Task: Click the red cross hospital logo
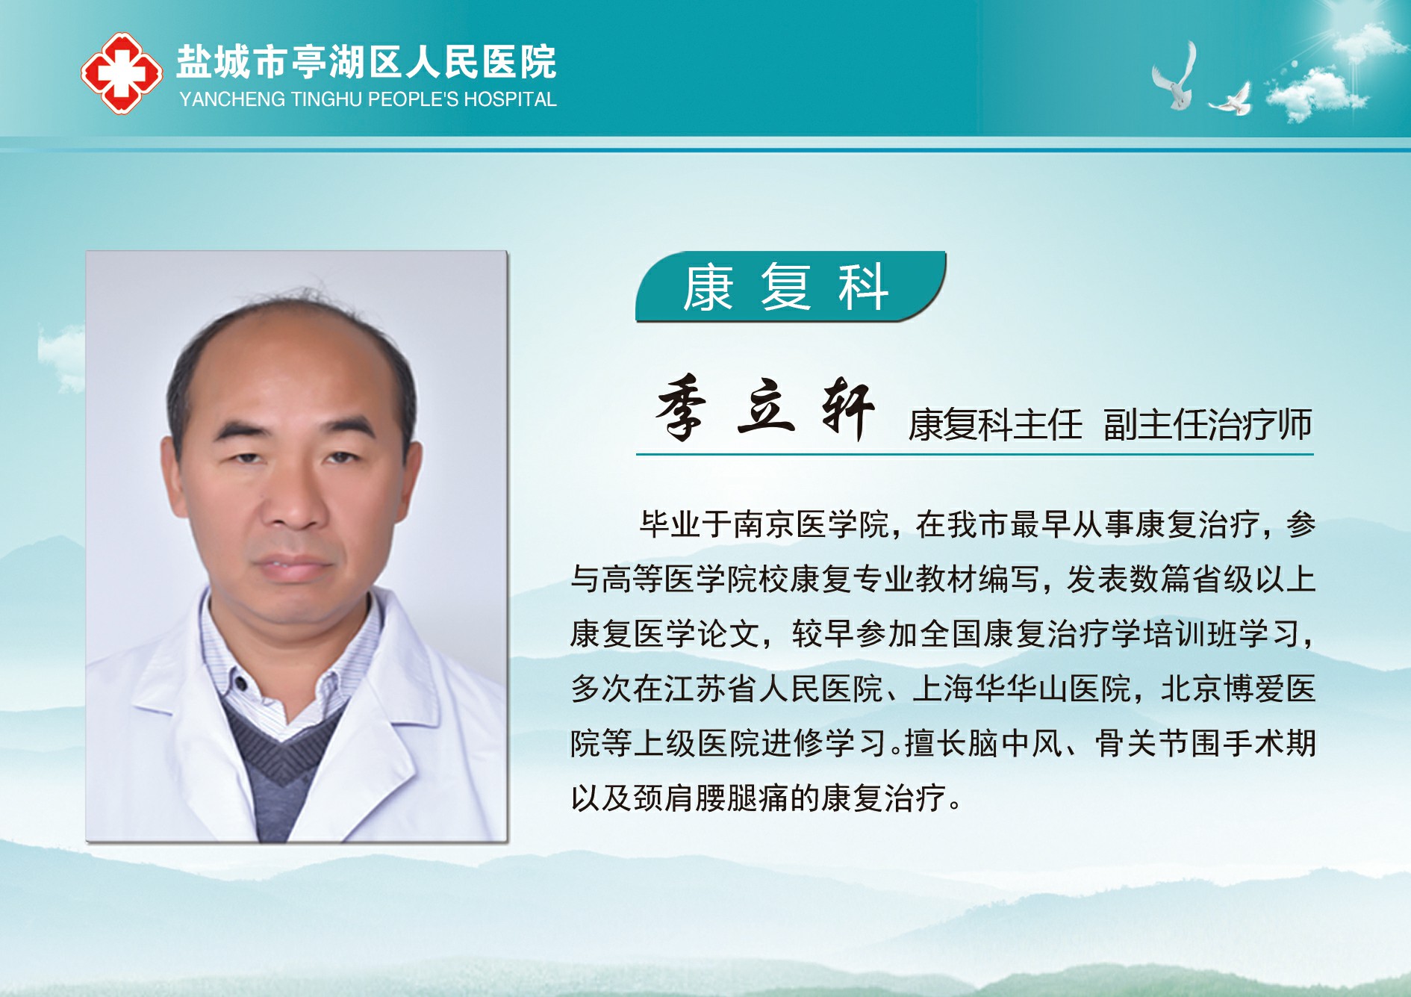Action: point(122,72)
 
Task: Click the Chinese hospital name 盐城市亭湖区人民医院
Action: point(367,62)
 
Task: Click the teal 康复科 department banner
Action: point(791,287)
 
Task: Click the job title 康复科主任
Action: point(995,425)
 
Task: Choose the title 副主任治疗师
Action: point(1207,424)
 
